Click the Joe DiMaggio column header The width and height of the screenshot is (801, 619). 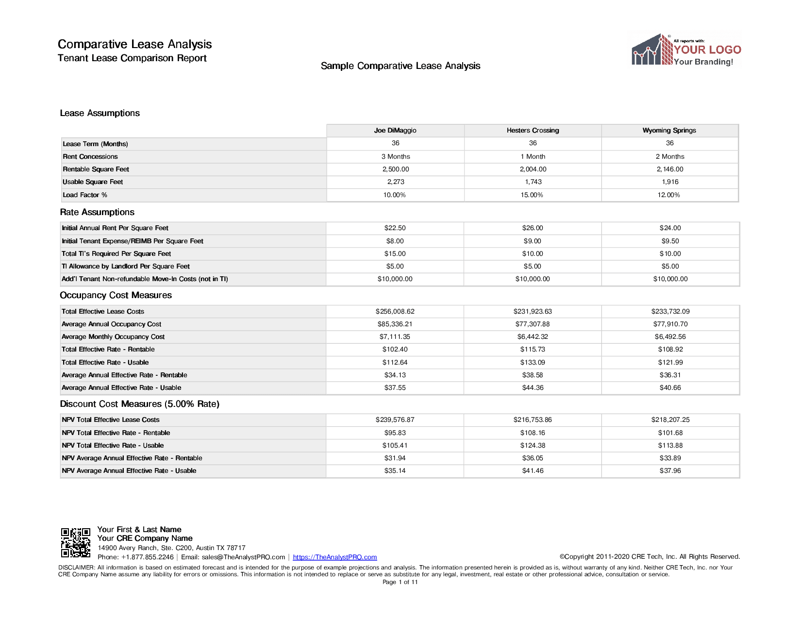tap(395, 130)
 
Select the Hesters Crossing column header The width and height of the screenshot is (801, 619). tap(533, 130)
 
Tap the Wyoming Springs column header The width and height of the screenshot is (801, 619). tap(669, 130)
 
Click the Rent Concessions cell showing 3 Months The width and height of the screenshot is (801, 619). tap(396, 156)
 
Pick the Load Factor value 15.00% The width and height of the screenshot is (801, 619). tap(532, 195)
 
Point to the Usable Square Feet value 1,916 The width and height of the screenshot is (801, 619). tap(670, 182)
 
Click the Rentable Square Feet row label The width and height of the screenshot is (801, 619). tap(96, 169)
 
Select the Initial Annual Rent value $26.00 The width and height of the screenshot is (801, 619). tap(533, 228)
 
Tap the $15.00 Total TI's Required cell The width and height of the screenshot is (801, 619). tap(395, 253)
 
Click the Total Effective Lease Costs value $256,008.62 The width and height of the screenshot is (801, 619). tap(395, 311)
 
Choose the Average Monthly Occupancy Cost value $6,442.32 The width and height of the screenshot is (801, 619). tap(533, 336)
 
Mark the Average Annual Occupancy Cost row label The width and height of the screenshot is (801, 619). tap(111, 324)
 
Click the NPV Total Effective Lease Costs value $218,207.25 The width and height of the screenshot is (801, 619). tap(670, 419)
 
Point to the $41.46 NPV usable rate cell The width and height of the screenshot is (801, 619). tap(533, 470)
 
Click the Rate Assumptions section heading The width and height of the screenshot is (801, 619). tap(97, 212)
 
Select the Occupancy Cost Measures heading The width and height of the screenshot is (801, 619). tap(116, 295)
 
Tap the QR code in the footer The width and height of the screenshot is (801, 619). tap(75, 543)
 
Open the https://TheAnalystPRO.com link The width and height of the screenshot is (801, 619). tap(335, 557)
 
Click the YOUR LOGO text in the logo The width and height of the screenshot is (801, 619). tap(707, 50)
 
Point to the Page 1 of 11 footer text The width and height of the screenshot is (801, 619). tap(400, 582)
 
